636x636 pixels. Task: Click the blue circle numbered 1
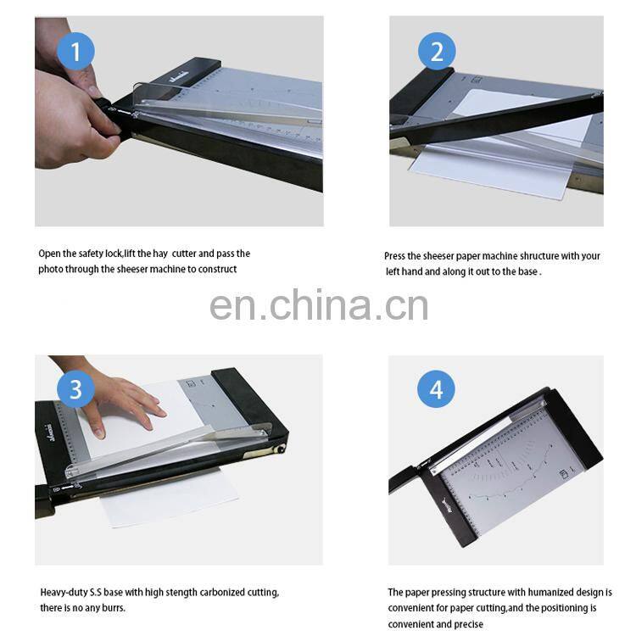tap(75, 53)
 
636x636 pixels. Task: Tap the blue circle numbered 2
tap(437, 53)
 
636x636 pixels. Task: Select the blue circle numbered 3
tap(75, 390)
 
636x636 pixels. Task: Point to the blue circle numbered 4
tap(436, 390)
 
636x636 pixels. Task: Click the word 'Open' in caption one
tap(50, 254)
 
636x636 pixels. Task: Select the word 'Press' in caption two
tap(396, 256)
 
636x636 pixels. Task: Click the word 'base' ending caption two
tap(528, 272)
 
